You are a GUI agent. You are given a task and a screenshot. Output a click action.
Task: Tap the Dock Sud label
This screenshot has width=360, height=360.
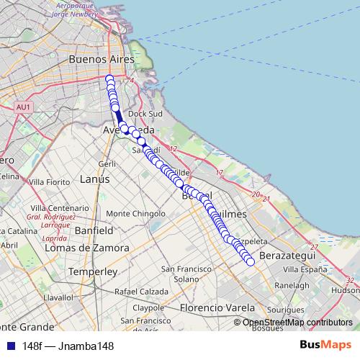[143, 114]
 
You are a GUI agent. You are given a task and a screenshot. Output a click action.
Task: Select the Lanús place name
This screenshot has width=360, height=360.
[95, 179]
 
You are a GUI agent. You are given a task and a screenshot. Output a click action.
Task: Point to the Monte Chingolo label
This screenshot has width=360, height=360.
[135, 214]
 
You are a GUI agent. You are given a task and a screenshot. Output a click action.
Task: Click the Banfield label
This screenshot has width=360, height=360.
[93, 232]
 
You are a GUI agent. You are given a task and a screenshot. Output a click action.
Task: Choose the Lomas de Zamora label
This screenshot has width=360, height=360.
[87, 248]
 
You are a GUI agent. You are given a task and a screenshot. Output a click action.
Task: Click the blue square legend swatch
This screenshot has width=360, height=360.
[9, 346]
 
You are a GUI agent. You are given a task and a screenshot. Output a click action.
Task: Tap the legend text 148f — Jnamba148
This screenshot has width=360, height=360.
[68, 346]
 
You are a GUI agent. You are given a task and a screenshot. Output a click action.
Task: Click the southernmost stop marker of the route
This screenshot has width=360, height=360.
[251, 261]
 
